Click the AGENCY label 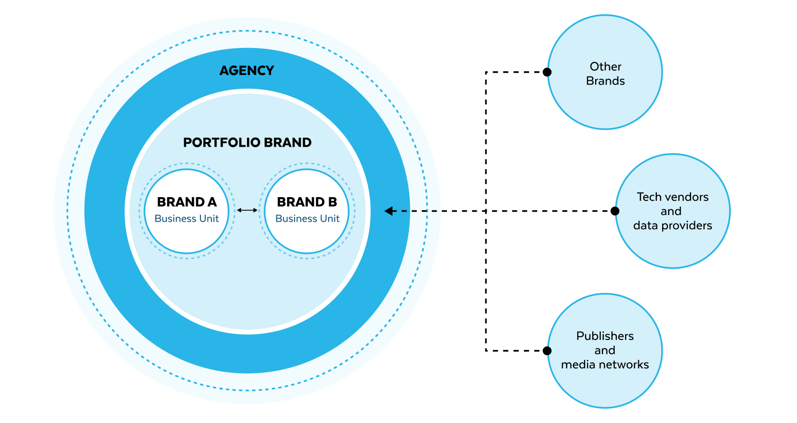[247, 71]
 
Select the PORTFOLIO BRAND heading [247, 142]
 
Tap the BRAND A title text [187, 202]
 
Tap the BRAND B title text [307, 202]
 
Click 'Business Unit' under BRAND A [187, 219]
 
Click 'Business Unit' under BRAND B [307, 219]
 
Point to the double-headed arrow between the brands [247, 210]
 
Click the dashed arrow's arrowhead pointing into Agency [389, 211]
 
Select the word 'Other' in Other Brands [605, 66]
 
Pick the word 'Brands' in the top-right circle [605, 81]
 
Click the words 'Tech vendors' [673, 197]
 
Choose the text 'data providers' [673, 226]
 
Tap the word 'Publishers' [605, 336]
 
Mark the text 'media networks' [605, 365]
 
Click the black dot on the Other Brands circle [548, 72]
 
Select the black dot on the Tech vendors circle [616, 211]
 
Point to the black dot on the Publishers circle [548, 351]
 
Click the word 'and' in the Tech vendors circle [671, 211]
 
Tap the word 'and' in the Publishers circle [605, 350]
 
